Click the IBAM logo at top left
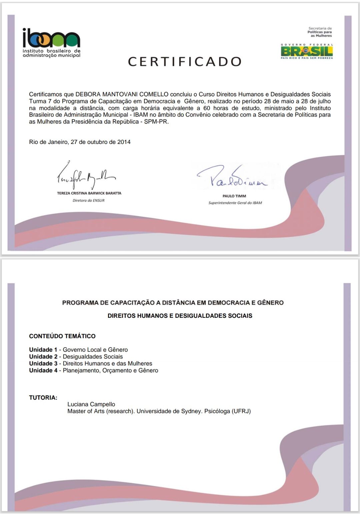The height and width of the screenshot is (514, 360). (51, 43)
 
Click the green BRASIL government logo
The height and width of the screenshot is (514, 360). (307, 52)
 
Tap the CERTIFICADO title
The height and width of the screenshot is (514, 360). (185, 62)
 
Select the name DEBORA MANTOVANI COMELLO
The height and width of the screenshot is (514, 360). (122, 94)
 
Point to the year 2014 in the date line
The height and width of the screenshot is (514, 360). (124, 142)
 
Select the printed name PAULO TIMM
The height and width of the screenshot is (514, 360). (234, 196)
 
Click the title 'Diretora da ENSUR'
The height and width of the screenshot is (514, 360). (89, 201)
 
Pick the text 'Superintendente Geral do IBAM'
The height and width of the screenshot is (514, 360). (235, 203)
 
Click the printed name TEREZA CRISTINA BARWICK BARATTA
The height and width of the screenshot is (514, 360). (89, 193)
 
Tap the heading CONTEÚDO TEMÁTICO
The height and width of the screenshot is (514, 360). (62, 336)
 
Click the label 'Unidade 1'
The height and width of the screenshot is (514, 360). (43, 350)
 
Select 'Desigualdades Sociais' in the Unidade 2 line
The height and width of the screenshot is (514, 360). (93, 357)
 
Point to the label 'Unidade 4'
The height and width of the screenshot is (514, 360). (43, 370)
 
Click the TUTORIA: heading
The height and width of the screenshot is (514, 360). (43, 397)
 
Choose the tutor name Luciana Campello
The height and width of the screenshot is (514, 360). (91, 404)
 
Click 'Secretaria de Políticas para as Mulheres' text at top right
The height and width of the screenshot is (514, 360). (320, 32)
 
